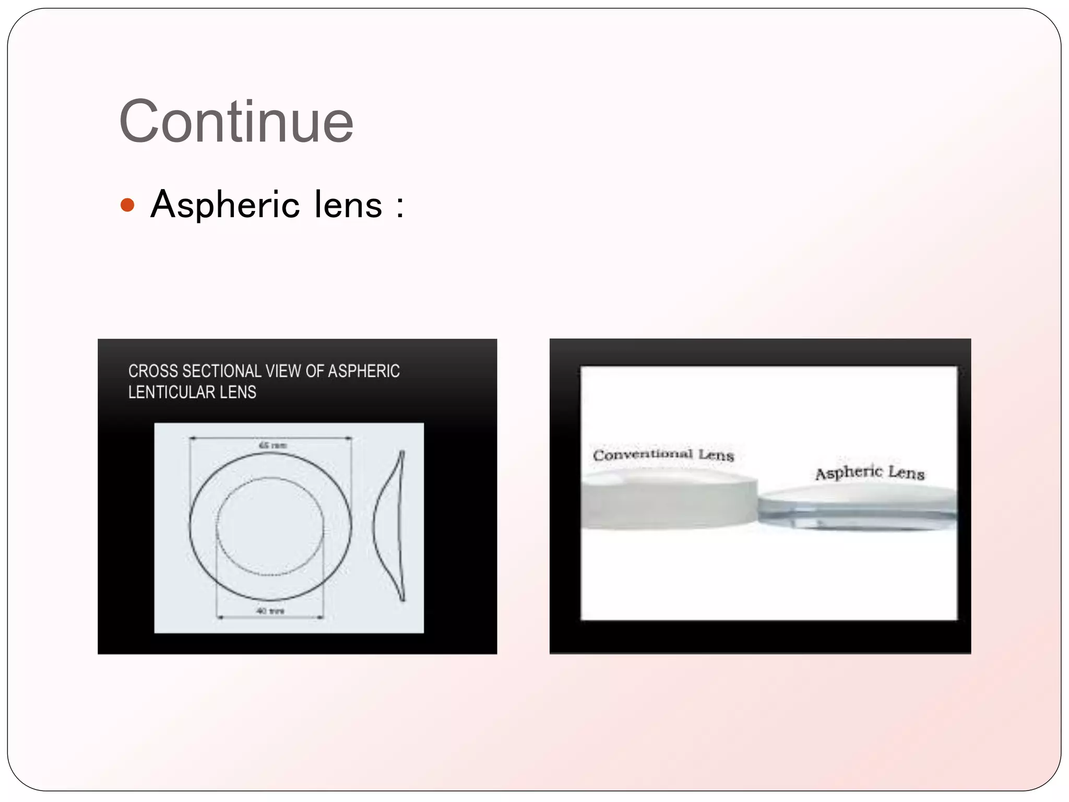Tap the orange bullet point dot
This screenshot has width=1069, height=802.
click(x=127, y=205)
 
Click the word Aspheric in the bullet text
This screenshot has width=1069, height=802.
click(x=225, y=205)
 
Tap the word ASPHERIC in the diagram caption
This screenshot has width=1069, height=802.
click(x=364, y=371)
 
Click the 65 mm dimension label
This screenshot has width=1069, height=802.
click(x=272, y=445)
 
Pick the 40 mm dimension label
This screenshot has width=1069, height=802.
click(x=270, y=611)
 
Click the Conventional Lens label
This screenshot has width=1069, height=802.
click(x=663, y=455)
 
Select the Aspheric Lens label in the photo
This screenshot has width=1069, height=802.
click(x=870, y=473)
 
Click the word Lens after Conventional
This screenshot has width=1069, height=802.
click(x=716, y=455)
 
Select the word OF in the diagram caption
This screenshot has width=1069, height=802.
click(x=315, y=371)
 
